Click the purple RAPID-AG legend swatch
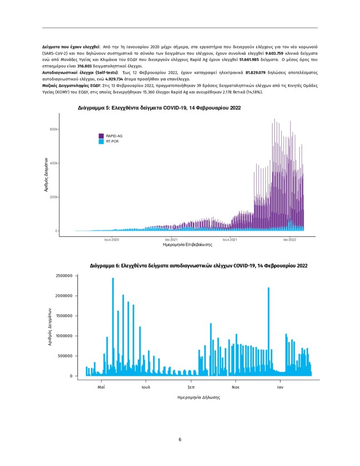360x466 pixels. click(101, 136)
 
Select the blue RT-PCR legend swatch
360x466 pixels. click(101, 142)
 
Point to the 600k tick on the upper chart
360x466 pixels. click(53, 129)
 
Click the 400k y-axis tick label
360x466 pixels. click(53, 163)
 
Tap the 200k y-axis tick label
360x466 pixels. click(53, 197)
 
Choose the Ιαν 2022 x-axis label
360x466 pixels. click(289, 239)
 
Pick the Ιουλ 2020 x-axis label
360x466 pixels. click(112, 239)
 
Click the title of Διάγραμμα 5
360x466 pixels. click(159, 108)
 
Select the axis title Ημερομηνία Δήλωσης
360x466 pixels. click(199, 397)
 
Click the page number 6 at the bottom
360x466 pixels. click(180, 440)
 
